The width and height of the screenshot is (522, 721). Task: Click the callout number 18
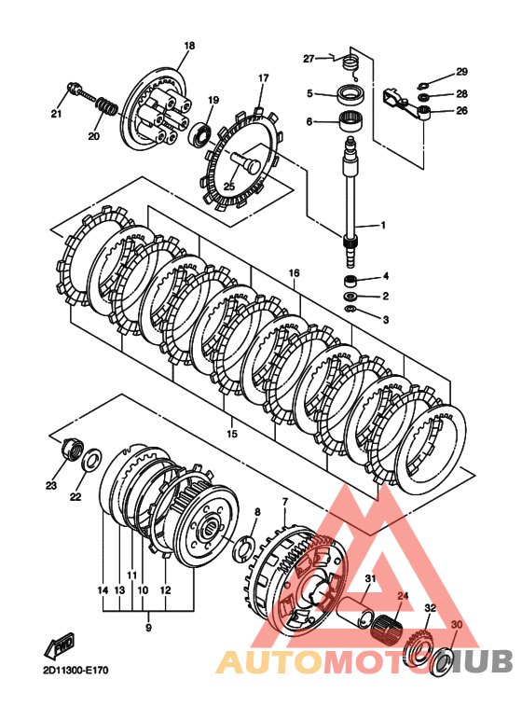[189, 46]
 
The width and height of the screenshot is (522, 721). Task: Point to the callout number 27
[309, 59]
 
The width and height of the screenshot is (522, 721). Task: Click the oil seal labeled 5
[352, 96]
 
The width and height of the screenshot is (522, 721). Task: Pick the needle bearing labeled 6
[352, 122]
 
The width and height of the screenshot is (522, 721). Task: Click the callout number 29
[461, 72]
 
